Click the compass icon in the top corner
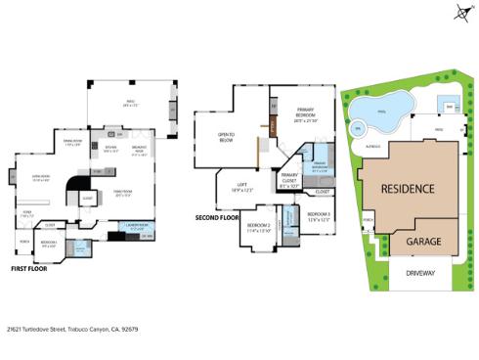click(x=461, y=12)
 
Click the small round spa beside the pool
click(x=357, y=126)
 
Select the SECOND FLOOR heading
click(x=217, y=217)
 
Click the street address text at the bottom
click(x=74, y=330)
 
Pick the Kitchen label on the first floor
click(x=110, y=151)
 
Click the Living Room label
click(x=42, y=178)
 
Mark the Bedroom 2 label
click(x=258, y=227)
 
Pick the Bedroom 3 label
click(x=318, y=216)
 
